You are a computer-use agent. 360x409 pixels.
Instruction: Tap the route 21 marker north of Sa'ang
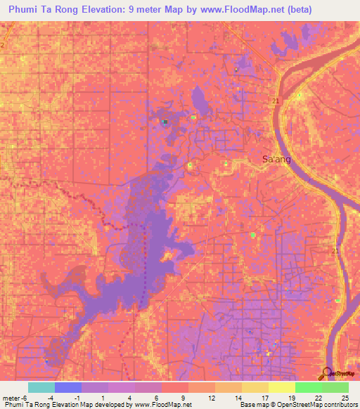click(x=275, y=103)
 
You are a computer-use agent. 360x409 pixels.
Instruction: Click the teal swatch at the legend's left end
click(x=41, y=387)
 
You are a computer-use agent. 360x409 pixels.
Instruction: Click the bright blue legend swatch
click(x=67, y=387)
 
